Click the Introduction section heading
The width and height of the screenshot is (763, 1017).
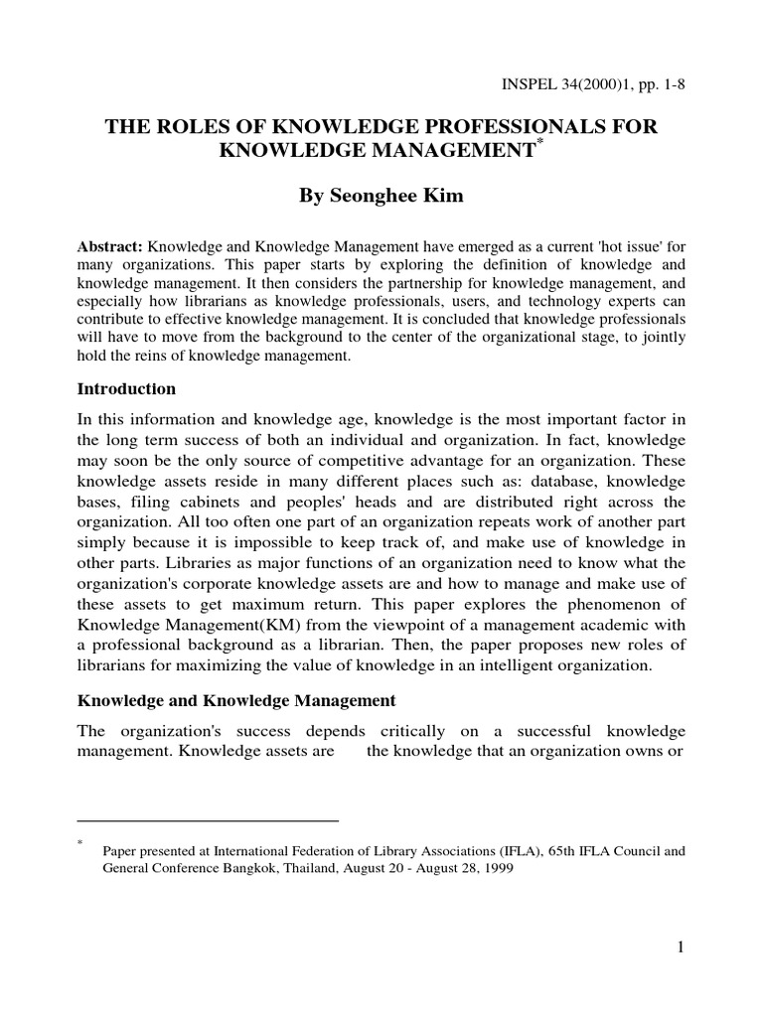pyautogui.click(x=126, y=388)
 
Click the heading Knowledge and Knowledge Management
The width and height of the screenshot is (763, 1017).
pyautogui.click(x=236, y=700)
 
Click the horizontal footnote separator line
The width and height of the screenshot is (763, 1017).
pyautogui.click(x=208, y=821)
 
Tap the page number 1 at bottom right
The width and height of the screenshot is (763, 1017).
pyautogui.click(x=681, y=947)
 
